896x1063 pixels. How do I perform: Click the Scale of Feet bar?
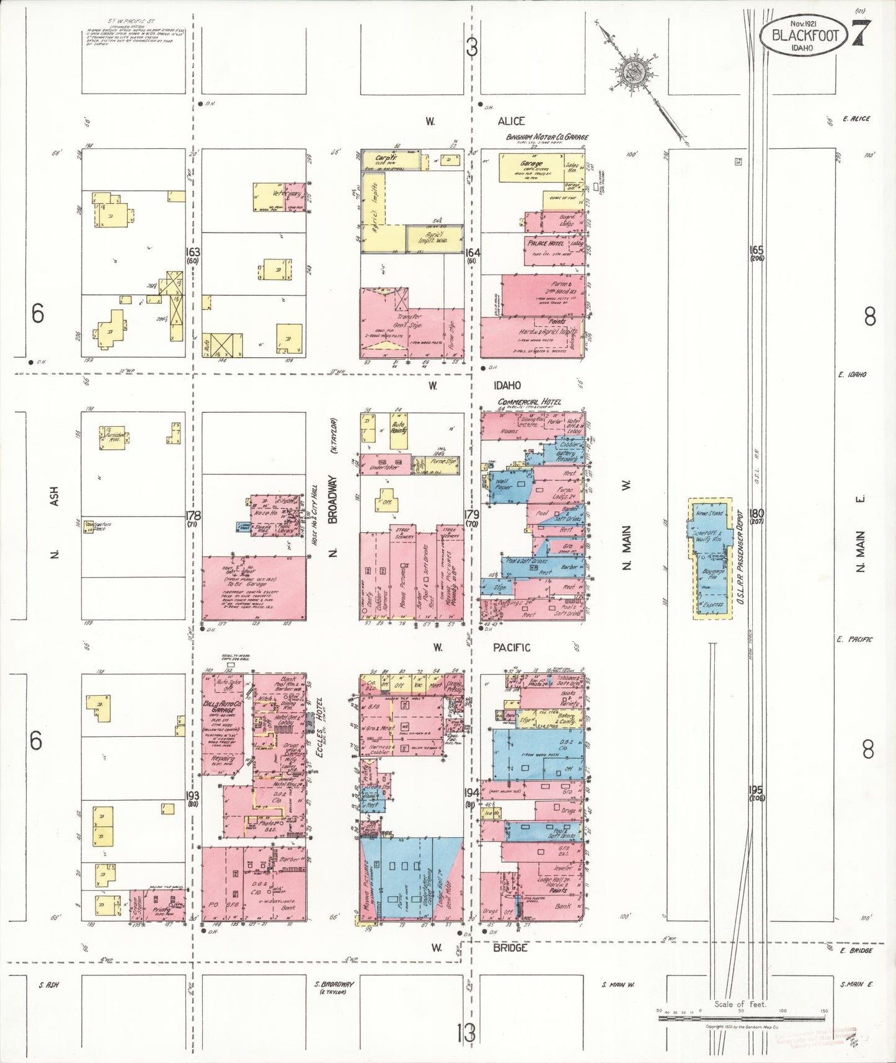[x=741, y=1012]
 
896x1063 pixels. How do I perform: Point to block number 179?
[x=472, y=514]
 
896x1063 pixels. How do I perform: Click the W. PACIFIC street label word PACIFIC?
[x=512, y=647]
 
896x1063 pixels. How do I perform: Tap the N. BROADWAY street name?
[x=332, y=516]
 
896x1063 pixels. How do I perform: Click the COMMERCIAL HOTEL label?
[x=529, y=402]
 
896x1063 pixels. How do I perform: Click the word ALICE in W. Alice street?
[x=511, y=122]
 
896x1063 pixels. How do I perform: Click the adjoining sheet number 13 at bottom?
[x=466, y=1032]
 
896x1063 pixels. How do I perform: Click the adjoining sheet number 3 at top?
[x=472, y=48]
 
